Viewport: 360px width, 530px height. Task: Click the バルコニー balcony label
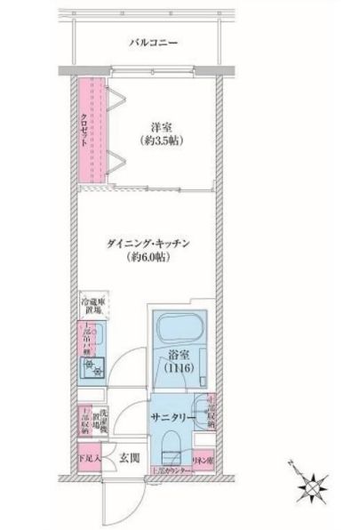154,42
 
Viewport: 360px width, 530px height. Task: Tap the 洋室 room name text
160,125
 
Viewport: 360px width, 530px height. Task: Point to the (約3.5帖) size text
160,141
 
